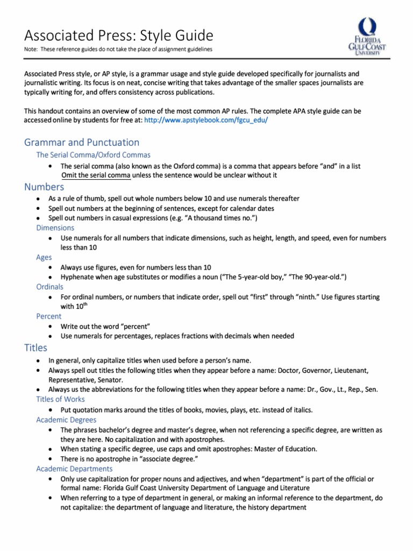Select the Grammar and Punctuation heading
click(82, 142)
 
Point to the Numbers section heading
click(44, 187)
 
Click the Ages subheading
click(44, 257)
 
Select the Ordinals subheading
click(49, 287)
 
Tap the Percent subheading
click(48, 316)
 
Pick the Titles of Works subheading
click(60, 399)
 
